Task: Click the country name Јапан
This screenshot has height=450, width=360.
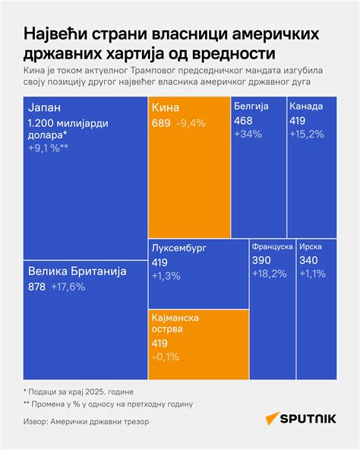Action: (x=45, y=108)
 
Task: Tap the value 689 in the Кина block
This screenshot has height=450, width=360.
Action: (x=161, y=123)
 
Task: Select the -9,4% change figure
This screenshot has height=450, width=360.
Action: (x=191, y=123)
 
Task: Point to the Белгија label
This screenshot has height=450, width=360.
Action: (x=251, y=106)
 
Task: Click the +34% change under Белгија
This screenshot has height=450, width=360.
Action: (x=248, y=134)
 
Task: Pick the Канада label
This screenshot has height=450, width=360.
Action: (x=306, y=106)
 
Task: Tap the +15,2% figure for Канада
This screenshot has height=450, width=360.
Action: (x=307, y=134)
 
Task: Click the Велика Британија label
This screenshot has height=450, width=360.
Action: (x=77, y=271)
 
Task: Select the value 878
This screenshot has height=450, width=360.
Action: (x=36, y=287)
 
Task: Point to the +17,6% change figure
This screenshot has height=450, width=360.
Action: (x=68, y=287)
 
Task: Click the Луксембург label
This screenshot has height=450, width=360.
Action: (x=179, y=248)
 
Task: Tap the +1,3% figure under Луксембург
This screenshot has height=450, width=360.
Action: (x=166, y=276)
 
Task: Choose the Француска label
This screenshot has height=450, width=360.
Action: (x=272, y=246)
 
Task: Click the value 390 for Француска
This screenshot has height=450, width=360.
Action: (x=261, y=260)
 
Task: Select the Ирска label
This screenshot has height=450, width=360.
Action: (x=311, y=246)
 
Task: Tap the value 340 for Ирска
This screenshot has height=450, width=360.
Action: (x=308, y=260)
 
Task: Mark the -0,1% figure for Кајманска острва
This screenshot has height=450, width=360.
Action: (x=166, y=357)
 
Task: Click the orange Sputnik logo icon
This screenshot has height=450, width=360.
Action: (x=272, y=418)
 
